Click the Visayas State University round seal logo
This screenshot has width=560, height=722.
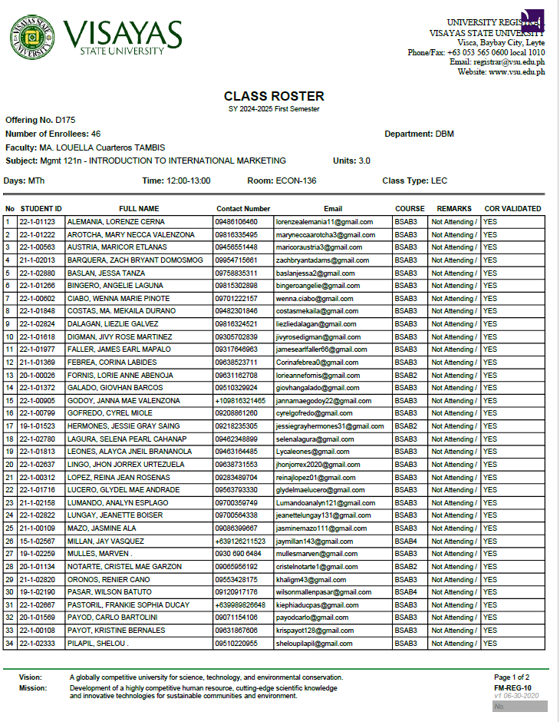(32, 38)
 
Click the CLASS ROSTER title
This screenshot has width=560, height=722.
(274, 97)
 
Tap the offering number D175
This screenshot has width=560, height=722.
(65, 121)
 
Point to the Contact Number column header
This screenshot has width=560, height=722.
(243, 209)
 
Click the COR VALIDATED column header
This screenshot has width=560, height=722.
(512, 209)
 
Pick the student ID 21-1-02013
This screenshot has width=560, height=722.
(37, 260)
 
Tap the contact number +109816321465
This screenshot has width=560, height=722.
(241, 401)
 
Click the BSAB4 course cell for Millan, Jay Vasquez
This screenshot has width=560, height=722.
(407, 541)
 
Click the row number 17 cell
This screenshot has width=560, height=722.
(9, 426)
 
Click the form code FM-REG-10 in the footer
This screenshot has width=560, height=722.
(513, 688)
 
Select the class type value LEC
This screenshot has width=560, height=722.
(439, 181)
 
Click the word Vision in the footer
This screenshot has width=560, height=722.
(31, 677)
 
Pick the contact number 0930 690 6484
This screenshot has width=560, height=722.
(239, 554)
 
